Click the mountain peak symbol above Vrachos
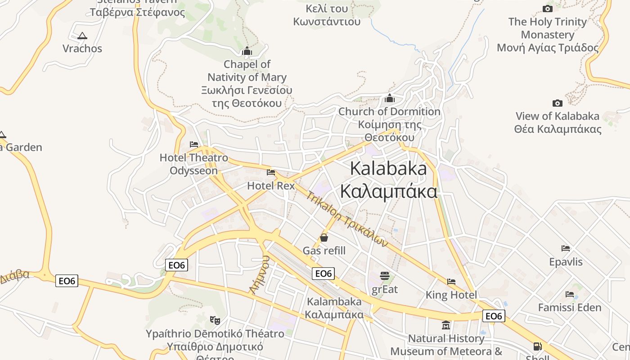(82, 36)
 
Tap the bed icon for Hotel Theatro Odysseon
(194, 144)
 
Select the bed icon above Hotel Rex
(271, 172)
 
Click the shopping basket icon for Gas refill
(324, 238)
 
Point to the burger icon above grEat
(384, 275)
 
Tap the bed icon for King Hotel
(451, 282)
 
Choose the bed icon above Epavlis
(566, 248)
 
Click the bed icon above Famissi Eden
(570, 294)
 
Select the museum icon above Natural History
(446, 325)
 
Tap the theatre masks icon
(215, 320)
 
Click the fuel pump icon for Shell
(537, 346)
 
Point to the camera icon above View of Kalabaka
(557, 103)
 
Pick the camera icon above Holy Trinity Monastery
(548, 9)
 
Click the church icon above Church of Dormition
(390, 98)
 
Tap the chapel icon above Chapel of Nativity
(247, 51)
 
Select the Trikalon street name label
(347, 219)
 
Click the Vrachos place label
(82, 49)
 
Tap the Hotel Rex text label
(271, 185)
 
